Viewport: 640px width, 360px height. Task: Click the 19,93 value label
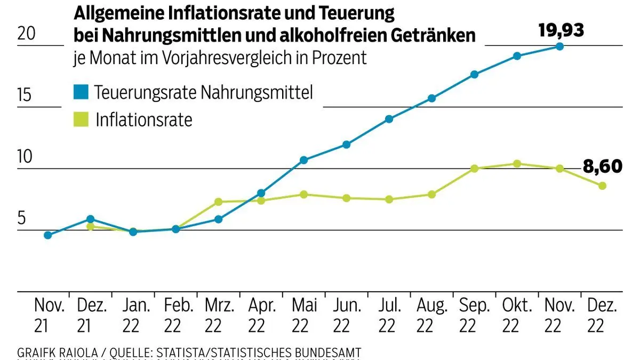click(x=561, y=30)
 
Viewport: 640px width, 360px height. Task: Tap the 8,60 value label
click(x=602, y=166)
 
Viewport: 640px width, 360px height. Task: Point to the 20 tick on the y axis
click(x=27, y=34)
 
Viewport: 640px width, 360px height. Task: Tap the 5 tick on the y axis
click(x=22, y=219)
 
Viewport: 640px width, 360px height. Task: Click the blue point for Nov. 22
click(x=559, y=46)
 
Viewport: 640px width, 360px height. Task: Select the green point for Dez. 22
click(x=602, y=186)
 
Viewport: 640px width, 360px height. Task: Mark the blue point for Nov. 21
click(x=48, y=235)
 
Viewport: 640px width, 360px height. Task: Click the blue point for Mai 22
click(x=303, y=160)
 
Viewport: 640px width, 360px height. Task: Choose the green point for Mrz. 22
click(x=218, y=202)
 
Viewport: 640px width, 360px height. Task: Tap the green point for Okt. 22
click(x=517, y=164)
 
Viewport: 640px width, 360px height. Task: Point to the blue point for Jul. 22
click(x=389, y=119)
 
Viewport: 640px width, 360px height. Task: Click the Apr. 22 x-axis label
click(x=261, y=315)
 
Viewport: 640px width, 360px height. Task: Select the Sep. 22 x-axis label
click(x=475, y=315)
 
